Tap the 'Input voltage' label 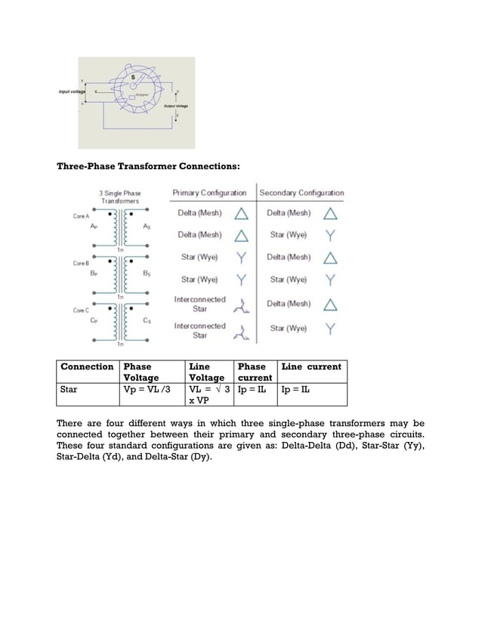70,91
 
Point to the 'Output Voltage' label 176,107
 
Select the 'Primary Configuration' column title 209,193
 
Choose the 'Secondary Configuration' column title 301,193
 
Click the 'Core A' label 82,216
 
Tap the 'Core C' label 82,310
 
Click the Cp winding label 93,320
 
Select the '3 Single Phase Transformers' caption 121,198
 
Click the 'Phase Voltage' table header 141,372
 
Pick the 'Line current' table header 311,366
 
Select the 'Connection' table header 87,366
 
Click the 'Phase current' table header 253,372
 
